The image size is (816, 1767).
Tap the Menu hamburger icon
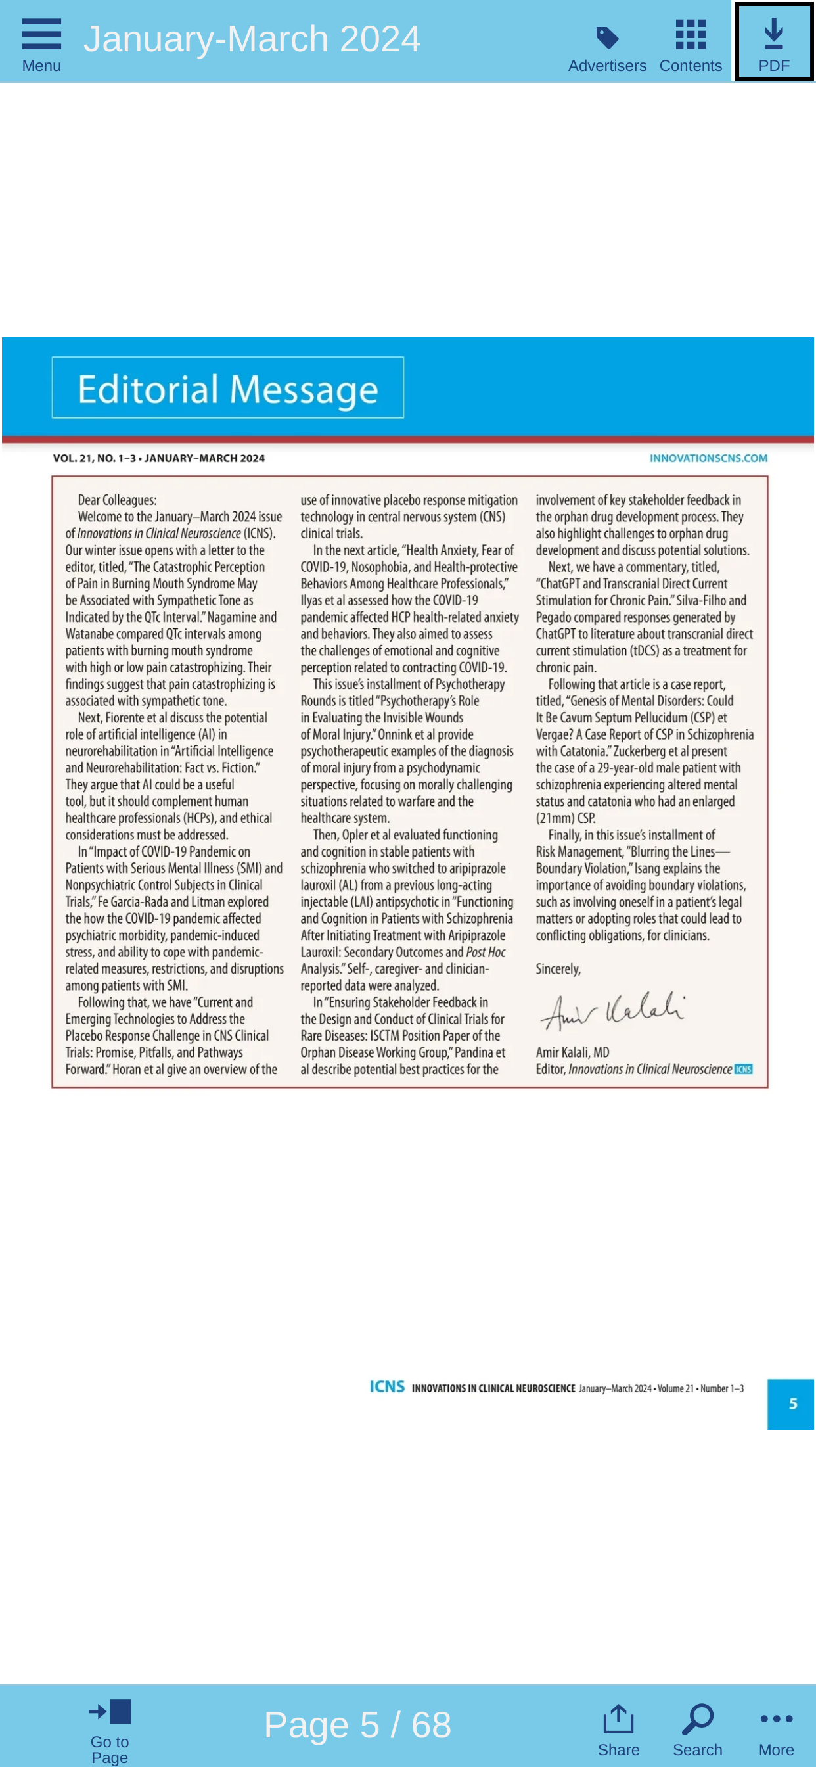click(x=41, y=35)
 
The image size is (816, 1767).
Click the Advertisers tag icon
click(x=607, y=37)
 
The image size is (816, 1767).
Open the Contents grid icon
click(x=690, y=35)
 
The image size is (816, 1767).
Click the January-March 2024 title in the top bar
click(x=252, y=39)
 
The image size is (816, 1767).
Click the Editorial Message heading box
click(x=228, y=389)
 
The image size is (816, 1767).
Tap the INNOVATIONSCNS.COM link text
click(x=708, y=458)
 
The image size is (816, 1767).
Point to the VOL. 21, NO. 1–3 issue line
click(x=158, y=458)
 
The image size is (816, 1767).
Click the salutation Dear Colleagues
click(x=117, y=500)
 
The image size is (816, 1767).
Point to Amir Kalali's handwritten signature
click(x=612, y=1010)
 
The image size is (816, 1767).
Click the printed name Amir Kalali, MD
click(x=572, y=1052)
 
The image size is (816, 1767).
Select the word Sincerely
click(x=558, y=968)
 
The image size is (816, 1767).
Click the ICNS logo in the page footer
click(x=387, y=1387)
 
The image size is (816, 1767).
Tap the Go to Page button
click(x=110, y=1729)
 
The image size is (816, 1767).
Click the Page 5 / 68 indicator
click(x=357, y=1724)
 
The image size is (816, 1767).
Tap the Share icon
click(x=618, y=1729)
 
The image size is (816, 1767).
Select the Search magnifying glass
click(x=696, y=1729)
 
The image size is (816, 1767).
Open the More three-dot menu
click(x=775, y=1729)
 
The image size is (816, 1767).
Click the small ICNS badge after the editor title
click(x=743, y=1070)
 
